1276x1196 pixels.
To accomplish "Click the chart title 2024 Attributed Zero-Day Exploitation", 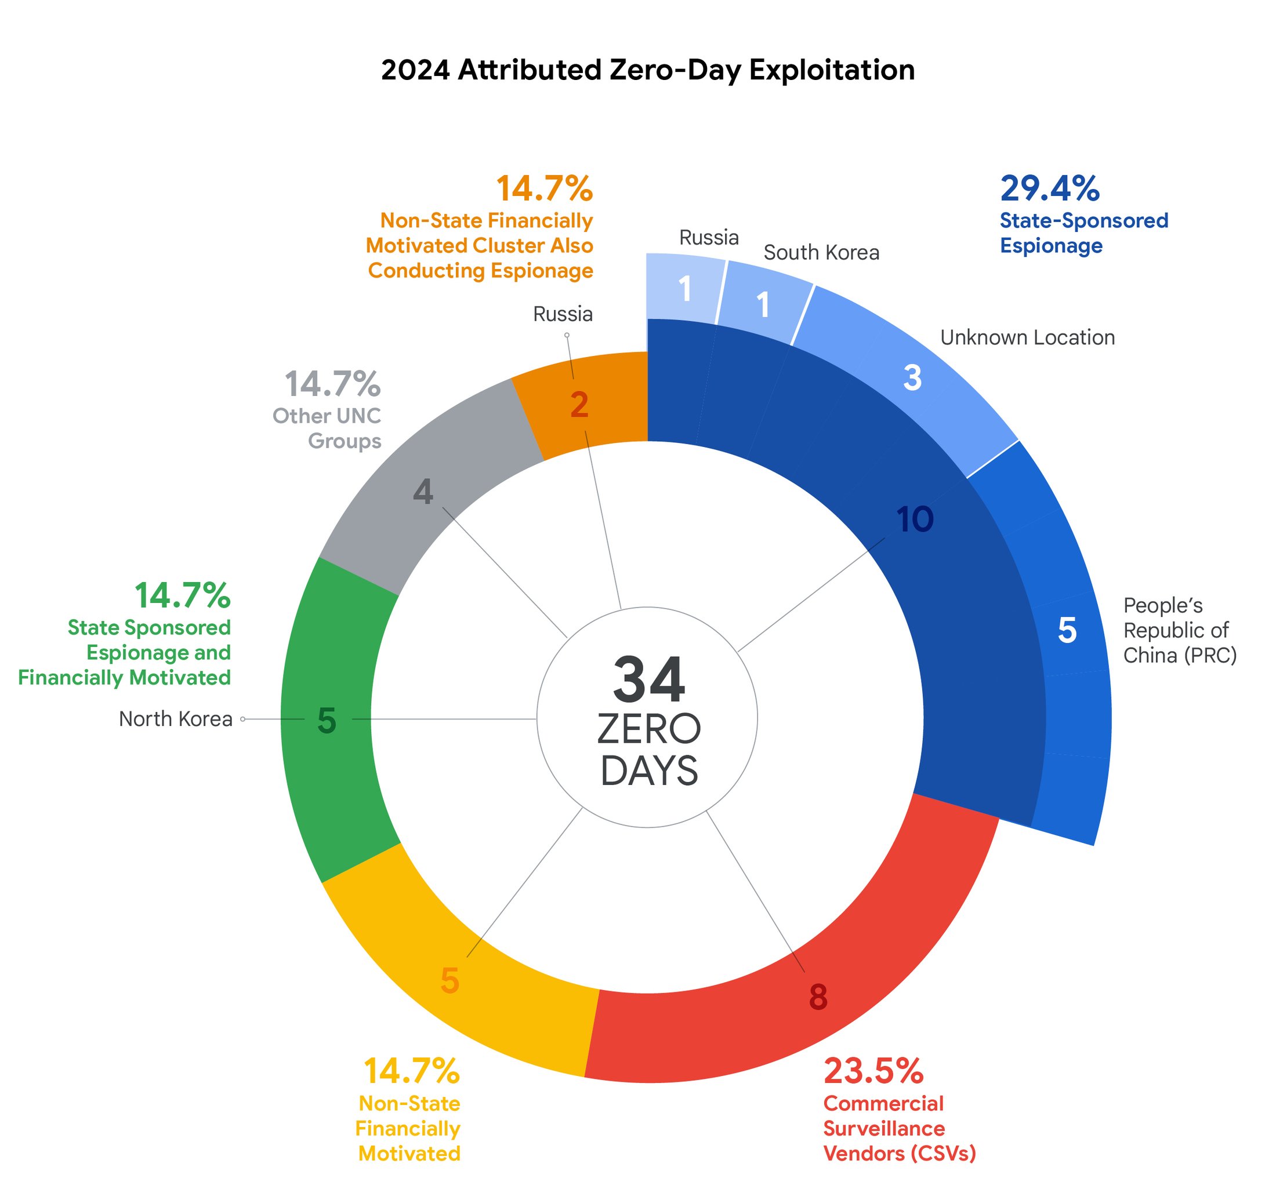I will click(x=647, y=70).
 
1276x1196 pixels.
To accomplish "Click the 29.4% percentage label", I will click(x=1049, y=188).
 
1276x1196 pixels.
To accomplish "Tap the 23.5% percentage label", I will click(x=873, y=1070).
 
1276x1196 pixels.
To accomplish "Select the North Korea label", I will click(x=175, y=719).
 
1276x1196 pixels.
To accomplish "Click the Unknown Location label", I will click(x=1027, y=337).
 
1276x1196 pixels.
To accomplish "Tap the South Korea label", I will click(x=821, y=253).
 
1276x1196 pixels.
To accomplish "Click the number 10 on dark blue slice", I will click(x=915, y=519).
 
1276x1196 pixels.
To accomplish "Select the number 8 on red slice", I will click(x=818, y=997).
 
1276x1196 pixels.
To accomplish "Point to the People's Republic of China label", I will click(x=1179, y=630).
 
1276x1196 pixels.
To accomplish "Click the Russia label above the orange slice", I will click(x=563, y=314).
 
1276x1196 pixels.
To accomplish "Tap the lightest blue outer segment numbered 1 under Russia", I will click(x=685, y=289).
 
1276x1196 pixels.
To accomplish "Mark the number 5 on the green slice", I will click(x=327, y=721).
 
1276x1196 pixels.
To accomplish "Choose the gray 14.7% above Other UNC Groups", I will click(x=332, y=384).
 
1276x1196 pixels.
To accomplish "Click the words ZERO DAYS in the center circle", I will click(x=648, y=750).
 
